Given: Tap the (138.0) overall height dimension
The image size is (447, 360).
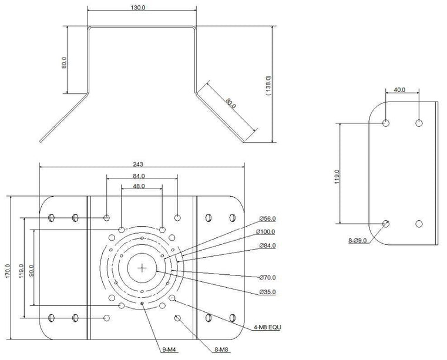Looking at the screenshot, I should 268,85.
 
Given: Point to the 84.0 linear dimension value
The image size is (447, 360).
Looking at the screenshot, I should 139,176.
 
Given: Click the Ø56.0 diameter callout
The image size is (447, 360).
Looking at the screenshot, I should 267,218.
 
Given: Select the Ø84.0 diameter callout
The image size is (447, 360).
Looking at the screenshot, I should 267,245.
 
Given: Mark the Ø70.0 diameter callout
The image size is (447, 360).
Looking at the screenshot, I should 267,277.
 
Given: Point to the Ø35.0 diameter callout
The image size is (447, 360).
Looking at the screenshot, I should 267,292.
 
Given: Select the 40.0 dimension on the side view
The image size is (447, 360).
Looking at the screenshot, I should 400,90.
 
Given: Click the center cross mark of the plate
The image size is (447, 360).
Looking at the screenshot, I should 143,268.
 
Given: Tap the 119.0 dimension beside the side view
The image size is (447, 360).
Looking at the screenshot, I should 336,176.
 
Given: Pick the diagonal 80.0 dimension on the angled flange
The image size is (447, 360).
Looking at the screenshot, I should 230,103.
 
